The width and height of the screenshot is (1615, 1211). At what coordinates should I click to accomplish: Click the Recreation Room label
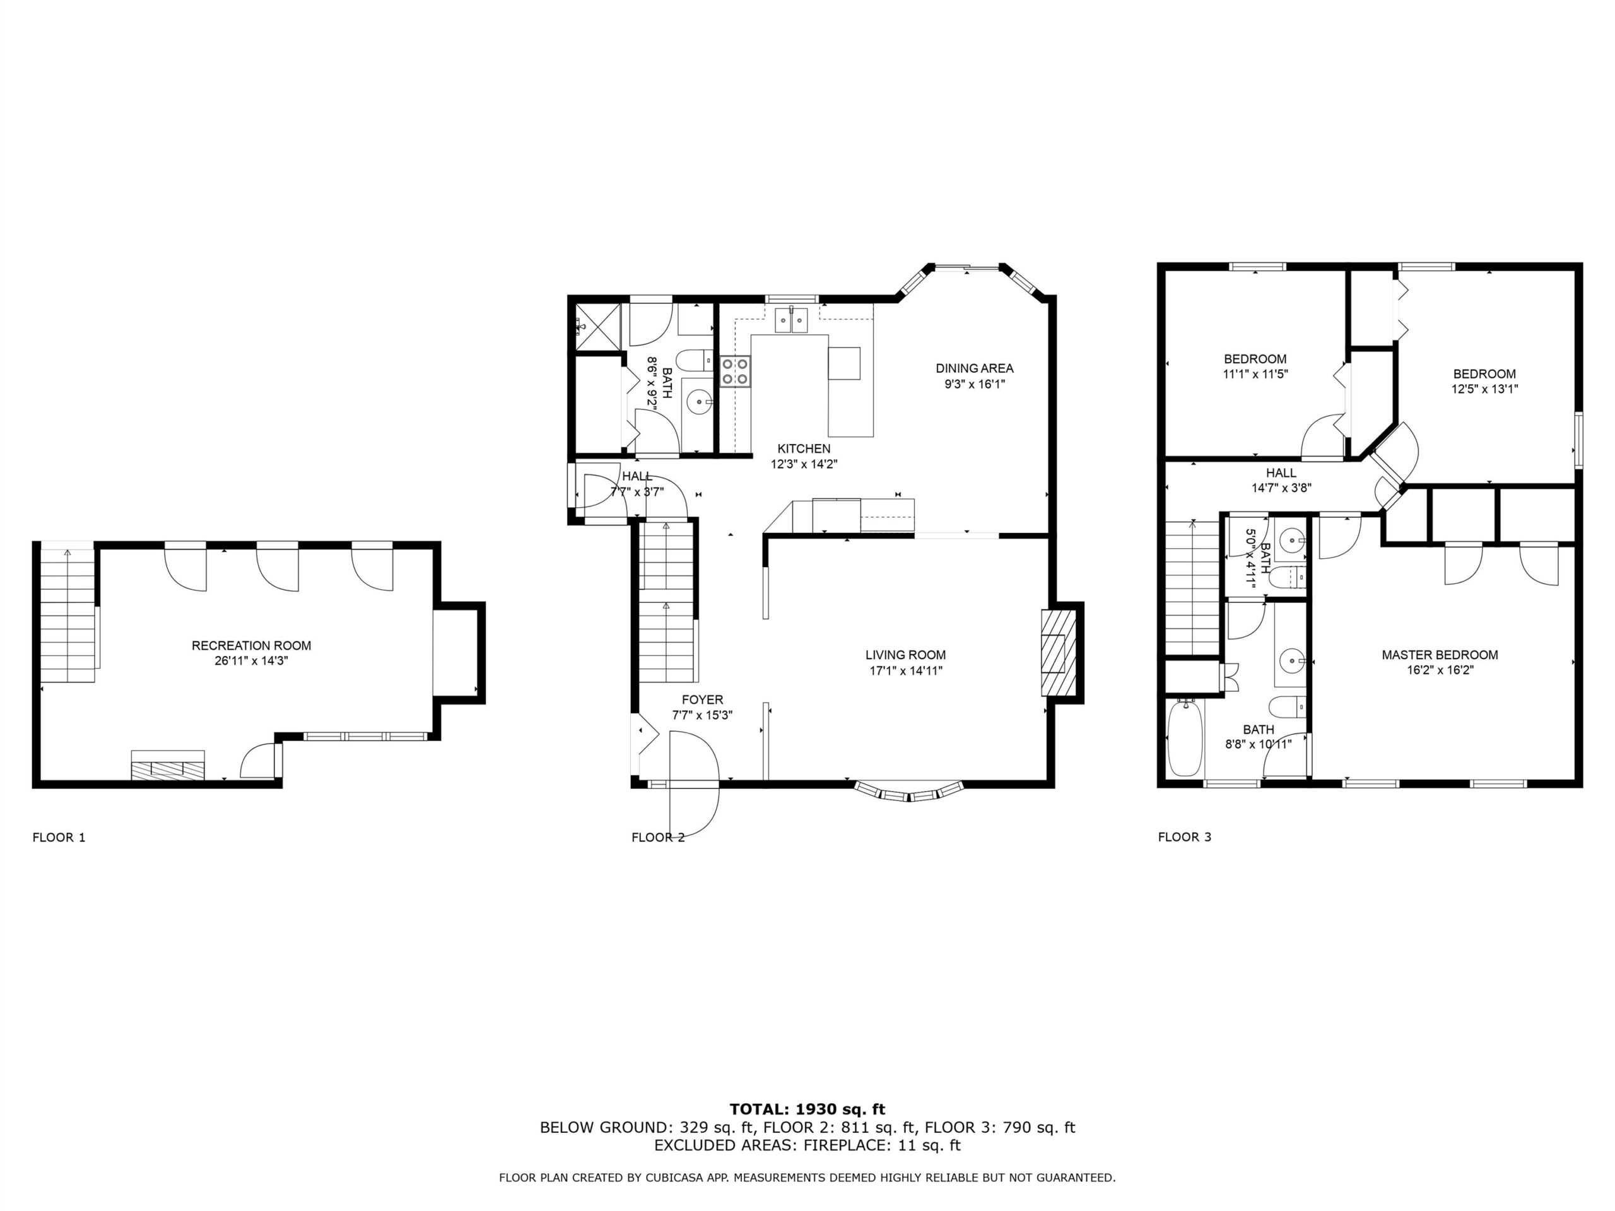(251, 645)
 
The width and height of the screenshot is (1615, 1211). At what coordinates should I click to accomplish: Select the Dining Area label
(975, 368)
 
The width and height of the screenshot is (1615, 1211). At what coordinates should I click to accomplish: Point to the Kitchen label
(804, 449)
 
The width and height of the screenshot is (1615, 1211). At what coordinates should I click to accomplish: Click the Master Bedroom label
(1440, 655)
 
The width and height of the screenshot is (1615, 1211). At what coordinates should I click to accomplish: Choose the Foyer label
(702, 700)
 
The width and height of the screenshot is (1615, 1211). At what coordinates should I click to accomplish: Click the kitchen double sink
(792, 320)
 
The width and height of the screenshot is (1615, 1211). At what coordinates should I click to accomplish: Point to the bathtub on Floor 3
(1185, 738)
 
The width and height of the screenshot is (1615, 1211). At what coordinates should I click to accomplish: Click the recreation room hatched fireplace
(168, 765)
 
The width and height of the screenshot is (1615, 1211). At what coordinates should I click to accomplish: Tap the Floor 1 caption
(59, 837)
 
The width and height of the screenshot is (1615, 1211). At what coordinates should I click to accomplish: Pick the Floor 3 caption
(1184, 837)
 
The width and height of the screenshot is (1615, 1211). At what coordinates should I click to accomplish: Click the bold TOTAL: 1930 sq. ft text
(807, 1110)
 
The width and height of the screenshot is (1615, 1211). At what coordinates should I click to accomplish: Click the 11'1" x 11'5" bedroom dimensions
(1255, 375)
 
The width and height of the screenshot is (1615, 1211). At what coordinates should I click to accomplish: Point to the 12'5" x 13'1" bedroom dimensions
(1484, 389)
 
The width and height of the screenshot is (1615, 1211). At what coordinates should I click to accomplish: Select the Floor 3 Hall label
(1281, 473)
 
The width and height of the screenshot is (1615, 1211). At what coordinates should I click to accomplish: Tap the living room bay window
(910, 792)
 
